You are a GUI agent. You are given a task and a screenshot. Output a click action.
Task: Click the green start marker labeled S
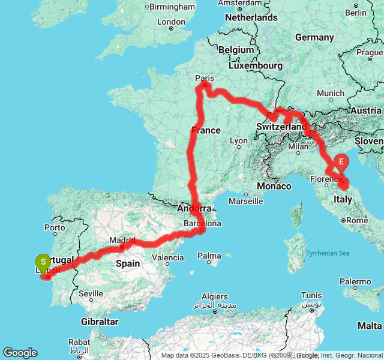click(x=43, y=263)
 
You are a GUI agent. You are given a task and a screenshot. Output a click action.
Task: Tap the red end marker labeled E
click(x=341, y=161)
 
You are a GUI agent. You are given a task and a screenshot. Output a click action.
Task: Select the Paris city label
click(x=205, y=77)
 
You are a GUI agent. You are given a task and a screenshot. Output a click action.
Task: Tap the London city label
click(x=171, y=22)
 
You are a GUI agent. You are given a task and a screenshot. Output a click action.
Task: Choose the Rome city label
click(x=357, y=220)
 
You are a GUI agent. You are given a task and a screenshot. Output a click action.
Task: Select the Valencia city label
click(x=168, y=257)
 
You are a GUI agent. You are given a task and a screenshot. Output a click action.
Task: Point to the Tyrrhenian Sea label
click(x=328, y=253)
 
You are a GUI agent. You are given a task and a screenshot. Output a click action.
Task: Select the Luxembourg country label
click(x=262, y=65)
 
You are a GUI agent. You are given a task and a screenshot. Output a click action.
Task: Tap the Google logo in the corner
click(x=20, y=353)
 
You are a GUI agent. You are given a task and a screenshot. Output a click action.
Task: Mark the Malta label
click(x=370, y=325)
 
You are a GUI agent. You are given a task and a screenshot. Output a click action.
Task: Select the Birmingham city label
click(x=172, y=7)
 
